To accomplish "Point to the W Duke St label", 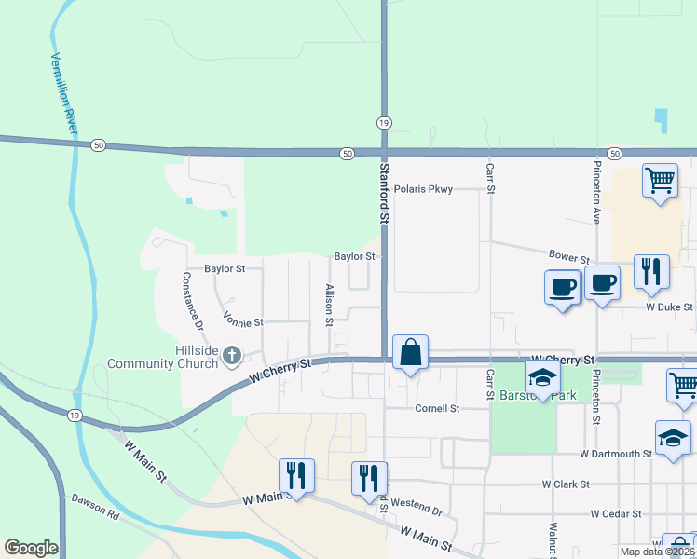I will coord(669,307).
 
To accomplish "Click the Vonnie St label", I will coord(244,320).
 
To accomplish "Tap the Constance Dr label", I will coord(192,301).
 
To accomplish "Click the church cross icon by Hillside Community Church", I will coord(232,355).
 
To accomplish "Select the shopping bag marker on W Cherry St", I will coord(410,353).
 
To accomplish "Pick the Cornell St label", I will coord(437,408).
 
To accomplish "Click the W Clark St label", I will coord(566,484).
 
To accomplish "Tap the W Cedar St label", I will coord(616,513).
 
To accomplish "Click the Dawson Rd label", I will coord(96,507).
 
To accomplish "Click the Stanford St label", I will coord(382,192).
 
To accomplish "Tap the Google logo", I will coord(31,548).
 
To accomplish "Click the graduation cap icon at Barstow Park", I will coord(541,377).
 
